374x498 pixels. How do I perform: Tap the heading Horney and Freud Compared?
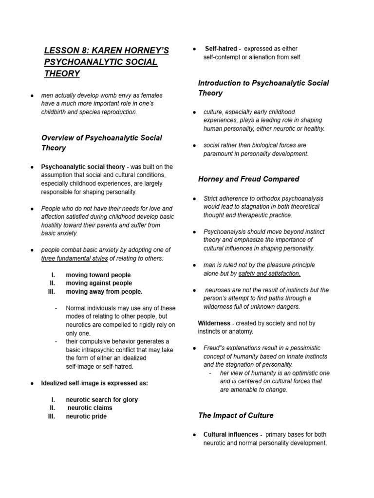coord(248,179)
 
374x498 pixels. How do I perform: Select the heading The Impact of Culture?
coord(236,415)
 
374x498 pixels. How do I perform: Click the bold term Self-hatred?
coord(221,49)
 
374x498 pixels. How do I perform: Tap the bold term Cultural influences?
coord(231,434)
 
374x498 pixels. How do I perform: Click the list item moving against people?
coord(99,283)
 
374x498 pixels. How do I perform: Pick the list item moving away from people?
coord(104,291)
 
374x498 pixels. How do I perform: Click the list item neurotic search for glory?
coord(102,400)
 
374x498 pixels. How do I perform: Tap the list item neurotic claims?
coord(90,408)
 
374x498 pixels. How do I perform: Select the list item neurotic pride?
coord(86,416)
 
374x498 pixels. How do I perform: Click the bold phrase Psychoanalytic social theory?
coord(83,167)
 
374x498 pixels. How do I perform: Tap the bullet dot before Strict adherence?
coord(194,199)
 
